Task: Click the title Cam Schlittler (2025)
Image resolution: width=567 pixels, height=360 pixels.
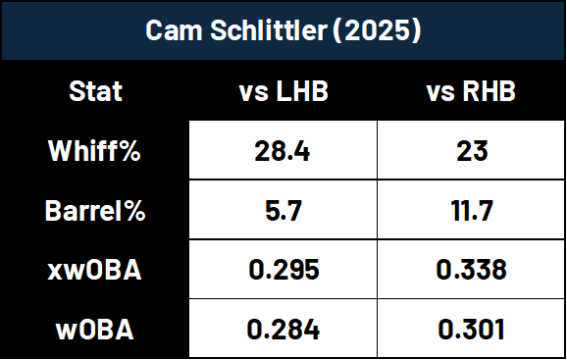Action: (283, 31)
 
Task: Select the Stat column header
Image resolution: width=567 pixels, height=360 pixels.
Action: (96, 93)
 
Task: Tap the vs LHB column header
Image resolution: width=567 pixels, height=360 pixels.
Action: (283, 93)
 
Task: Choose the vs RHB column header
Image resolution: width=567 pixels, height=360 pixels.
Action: (472, 93)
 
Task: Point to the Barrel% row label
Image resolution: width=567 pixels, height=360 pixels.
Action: (96, 211)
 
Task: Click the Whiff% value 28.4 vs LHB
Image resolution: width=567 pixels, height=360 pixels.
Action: (283, 152)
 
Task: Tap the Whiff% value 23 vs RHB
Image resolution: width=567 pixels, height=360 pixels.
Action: (472, 152)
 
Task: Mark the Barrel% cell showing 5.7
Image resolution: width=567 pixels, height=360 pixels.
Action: (283, 211)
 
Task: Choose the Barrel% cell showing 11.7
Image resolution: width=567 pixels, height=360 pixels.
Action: (472, 211)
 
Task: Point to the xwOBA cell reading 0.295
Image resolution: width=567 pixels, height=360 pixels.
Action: (283, 270)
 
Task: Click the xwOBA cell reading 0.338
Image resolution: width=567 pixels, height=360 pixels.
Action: (472, 270)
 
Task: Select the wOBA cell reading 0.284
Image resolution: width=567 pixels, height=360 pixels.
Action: (283, 329)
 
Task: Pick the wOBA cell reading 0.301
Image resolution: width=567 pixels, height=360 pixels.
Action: (472, 329)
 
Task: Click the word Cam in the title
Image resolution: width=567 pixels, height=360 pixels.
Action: (170, 31)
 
